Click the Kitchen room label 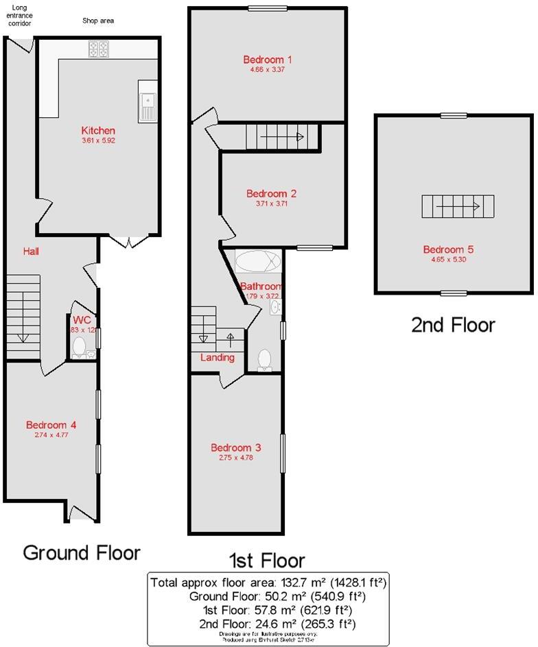pos(98,131)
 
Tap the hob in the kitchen pos(99,49)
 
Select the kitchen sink pos(148,103)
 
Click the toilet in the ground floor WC pos(79,347)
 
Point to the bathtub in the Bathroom pos(258,263)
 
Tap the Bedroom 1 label pos(263,59)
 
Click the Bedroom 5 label pos(447,249)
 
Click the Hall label pos(31,252)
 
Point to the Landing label pos(217,358)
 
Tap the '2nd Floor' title pos(452,325)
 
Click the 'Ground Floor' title pos(82,552)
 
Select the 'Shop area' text pos(97,21)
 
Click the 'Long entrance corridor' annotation pos(19,15)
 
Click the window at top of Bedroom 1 pos(268,8)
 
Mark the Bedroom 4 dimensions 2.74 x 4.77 pos(51,435)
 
